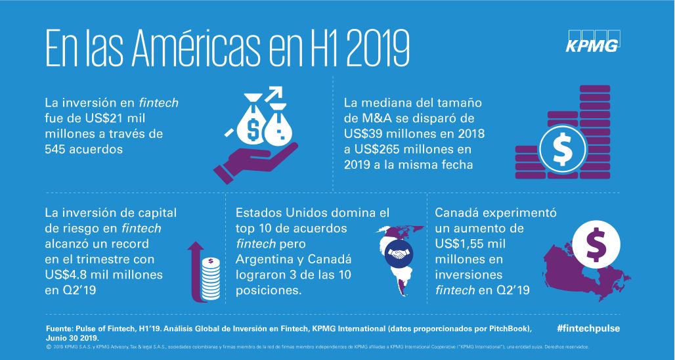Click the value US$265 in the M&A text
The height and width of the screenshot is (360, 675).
[x=387, y=149]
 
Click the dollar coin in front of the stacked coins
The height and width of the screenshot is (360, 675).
[x=561, y=150]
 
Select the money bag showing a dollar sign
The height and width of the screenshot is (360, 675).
[x=252, y=126]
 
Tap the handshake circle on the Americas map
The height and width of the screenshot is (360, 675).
[x=397, y=252]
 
